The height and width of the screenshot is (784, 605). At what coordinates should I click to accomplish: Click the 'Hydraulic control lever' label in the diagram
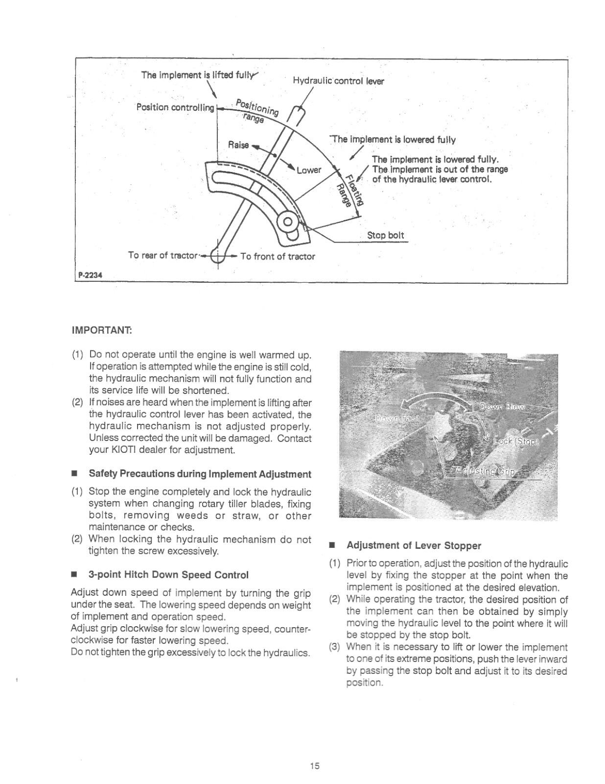click(x=338, y=81)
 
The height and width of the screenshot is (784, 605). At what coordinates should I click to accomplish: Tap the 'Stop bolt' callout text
click(x=386, y=235)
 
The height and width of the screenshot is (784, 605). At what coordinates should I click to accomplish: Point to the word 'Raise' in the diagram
click(x=239, y=145)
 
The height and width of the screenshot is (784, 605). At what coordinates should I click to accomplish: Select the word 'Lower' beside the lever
click(x=308, y=170)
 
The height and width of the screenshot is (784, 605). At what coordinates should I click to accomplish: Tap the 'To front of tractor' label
click(x=278, y=256)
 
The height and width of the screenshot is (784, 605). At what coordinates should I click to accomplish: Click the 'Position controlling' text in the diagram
click(x=175, y=107)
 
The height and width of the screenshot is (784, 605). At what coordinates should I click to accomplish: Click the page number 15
click(x=314, y=766)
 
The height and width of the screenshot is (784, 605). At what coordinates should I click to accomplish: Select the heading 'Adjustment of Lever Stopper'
click(x=414, y=545)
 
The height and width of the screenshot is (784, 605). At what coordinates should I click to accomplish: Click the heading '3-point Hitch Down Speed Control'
click(x=168, y=574)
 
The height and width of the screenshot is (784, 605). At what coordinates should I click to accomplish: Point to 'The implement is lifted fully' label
click(x=198, y=75)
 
